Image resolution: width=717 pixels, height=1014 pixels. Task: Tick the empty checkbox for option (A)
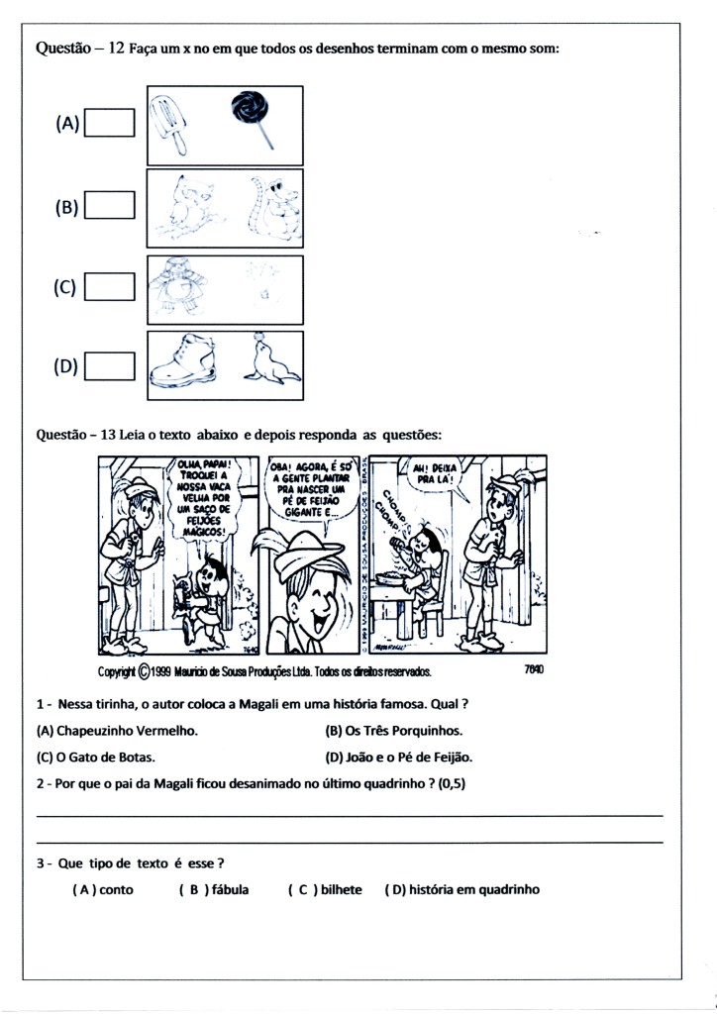110,124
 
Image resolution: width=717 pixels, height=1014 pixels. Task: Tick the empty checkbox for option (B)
110,205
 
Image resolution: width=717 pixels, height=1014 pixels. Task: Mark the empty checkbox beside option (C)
110,286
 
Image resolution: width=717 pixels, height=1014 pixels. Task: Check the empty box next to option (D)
110,366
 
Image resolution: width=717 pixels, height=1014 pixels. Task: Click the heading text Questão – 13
77,435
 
